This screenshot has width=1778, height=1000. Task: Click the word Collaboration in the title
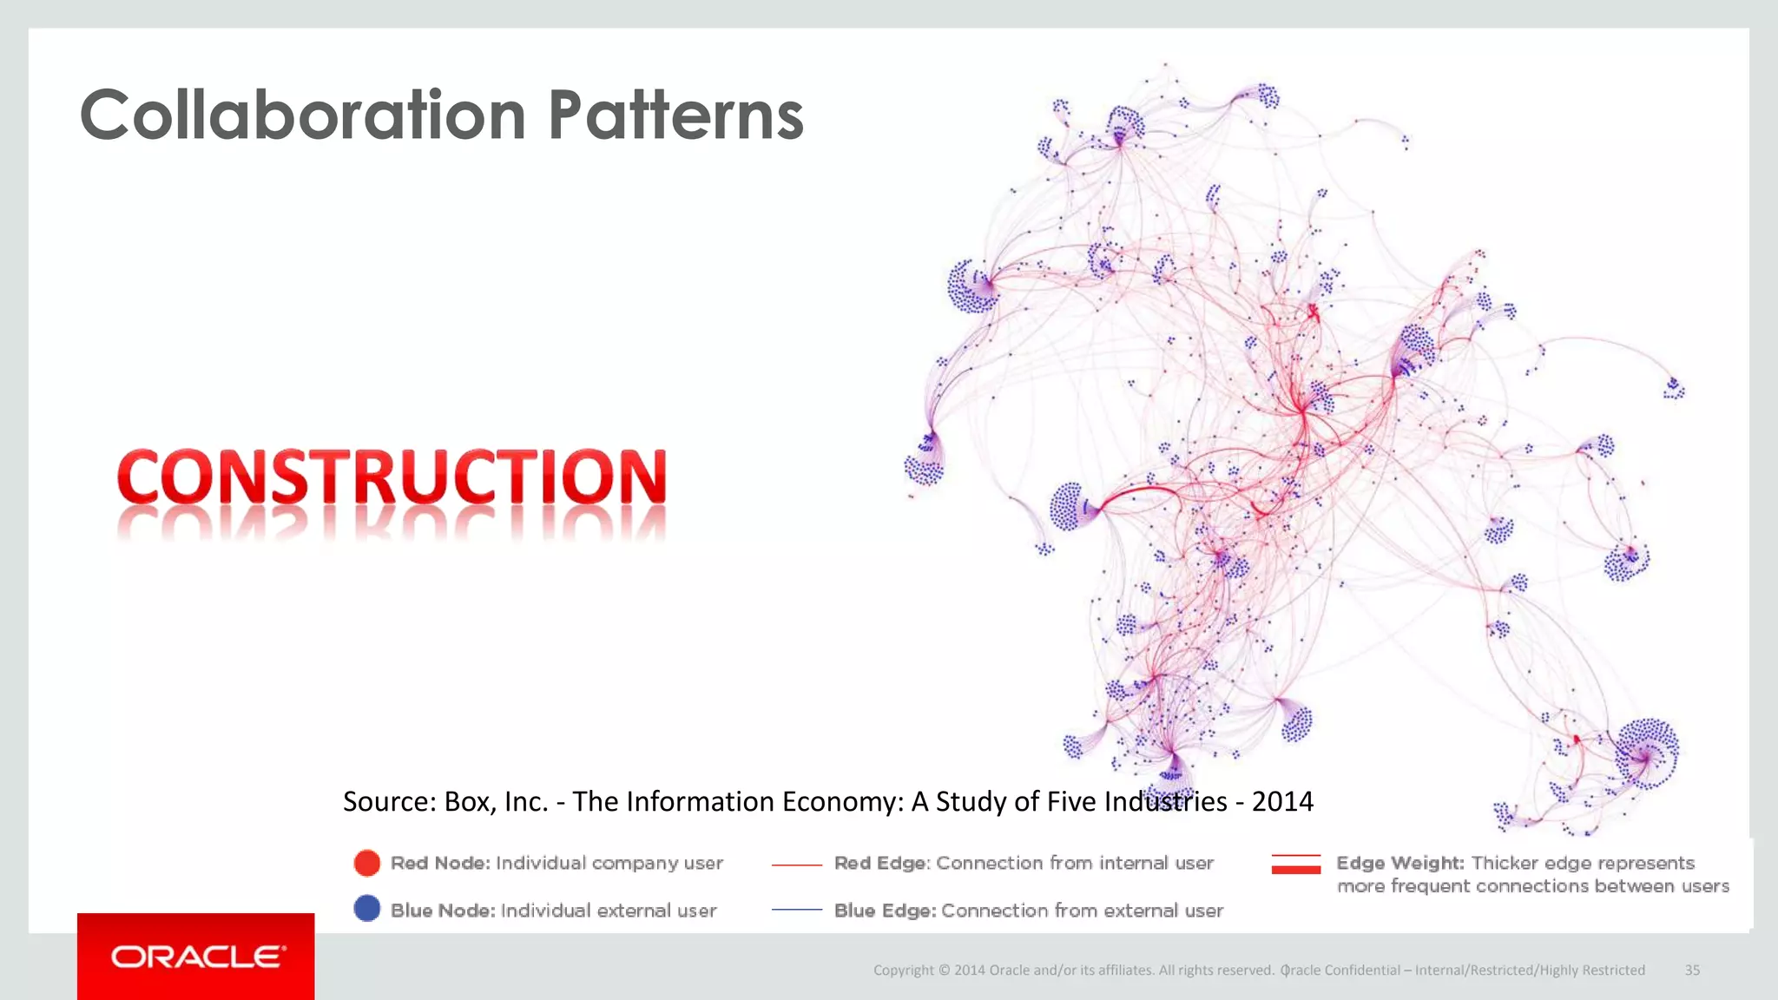tap(302, 115)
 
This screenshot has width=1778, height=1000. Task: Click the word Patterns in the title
tap(675, 115)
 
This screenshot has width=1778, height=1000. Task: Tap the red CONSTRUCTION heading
tap(392, 477)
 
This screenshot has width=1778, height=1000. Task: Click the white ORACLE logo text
tap(197, 957)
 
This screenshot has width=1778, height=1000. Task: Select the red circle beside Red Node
tap(367, 863)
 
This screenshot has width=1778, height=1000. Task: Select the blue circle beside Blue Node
tap(367, 909)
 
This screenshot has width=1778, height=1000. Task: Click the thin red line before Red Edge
tap(796, 865)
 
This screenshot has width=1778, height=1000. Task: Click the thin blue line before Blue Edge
tap(796, 910)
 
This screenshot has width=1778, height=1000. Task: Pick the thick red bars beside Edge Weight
tap(1295, 864)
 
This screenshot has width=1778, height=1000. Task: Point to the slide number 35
tap(1692, 970)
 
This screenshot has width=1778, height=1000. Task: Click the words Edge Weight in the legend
tap(1399, 863)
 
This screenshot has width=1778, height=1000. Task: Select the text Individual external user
tap(609, 911)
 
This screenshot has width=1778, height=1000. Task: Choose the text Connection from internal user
tap(1075, 863)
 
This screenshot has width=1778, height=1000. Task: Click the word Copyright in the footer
tap(904, 970)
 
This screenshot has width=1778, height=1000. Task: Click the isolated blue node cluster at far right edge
tap(1673, 388)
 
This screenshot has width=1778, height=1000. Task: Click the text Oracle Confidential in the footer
tap(1340, 970)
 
